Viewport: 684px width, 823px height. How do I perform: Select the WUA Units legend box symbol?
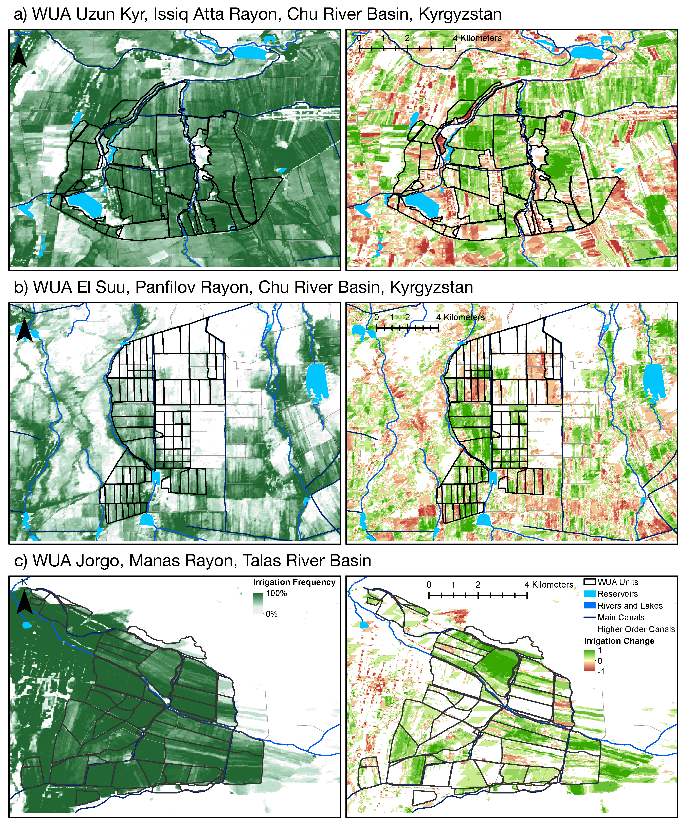coord(590,582)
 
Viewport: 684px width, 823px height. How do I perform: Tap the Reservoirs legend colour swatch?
coord(590,594)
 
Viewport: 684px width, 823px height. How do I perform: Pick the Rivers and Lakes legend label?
coord(630,605)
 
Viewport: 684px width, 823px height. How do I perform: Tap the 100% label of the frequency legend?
coord(276,593)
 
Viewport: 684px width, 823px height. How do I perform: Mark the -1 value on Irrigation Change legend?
coord(601,671)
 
